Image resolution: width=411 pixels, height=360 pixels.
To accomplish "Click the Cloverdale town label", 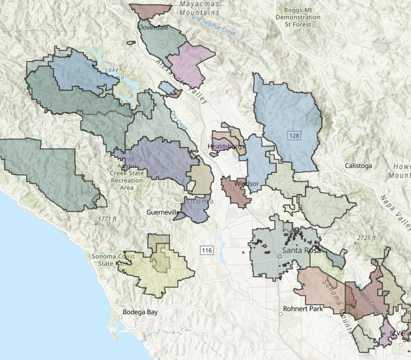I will click(153, 27).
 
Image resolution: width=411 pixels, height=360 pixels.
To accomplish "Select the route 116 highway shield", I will click(207, 250).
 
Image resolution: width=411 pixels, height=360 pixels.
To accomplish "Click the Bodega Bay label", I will click(140, 312).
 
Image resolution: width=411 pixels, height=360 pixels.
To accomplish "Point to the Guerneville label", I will click(163, 212).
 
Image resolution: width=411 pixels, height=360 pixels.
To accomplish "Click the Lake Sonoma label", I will click(114, 74).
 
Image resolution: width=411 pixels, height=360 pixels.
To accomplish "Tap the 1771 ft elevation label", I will click(107, 219).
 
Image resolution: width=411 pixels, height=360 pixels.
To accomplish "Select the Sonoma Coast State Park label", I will click(113, 260).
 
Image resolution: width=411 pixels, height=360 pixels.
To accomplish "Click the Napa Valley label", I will click(395, 211).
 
